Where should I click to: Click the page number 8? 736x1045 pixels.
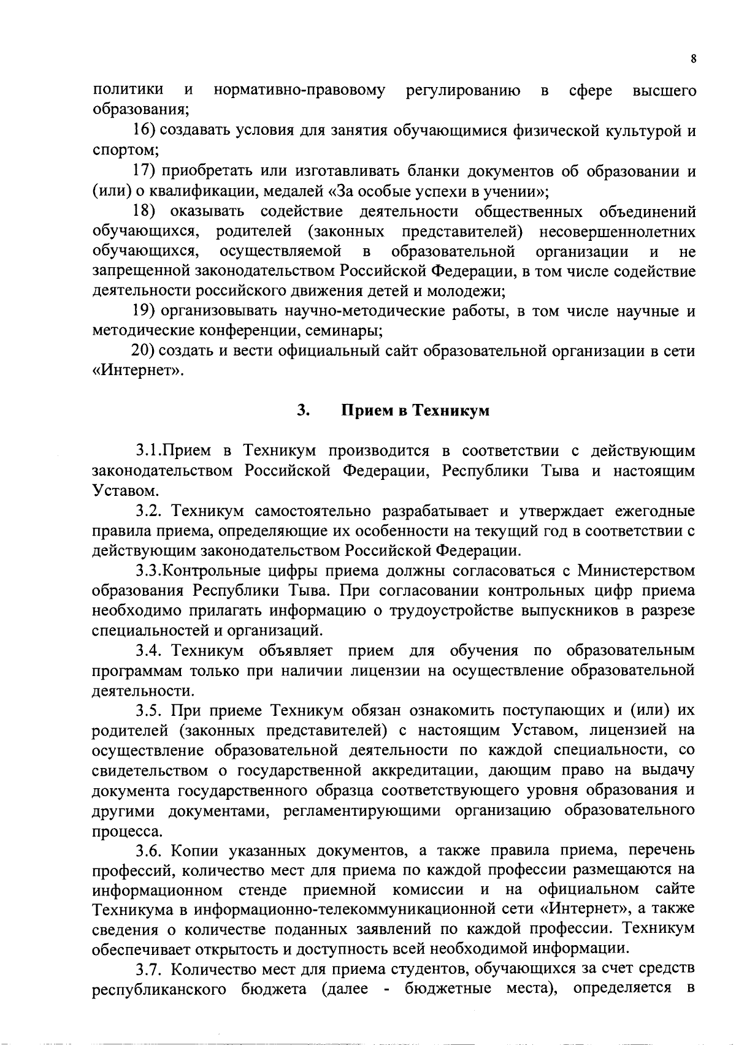tap(693, 59)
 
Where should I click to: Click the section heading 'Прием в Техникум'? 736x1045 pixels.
tap(415, 411)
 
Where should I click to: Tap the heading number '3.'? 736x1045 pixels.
tap(302, 411)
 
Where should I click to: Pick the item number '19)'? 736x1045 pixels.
tap(147, 311)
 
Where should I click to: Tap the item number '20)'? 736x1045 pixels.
tap(145, 352)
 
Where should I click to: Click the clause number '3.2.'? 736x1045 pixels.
tap(149, 511)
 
